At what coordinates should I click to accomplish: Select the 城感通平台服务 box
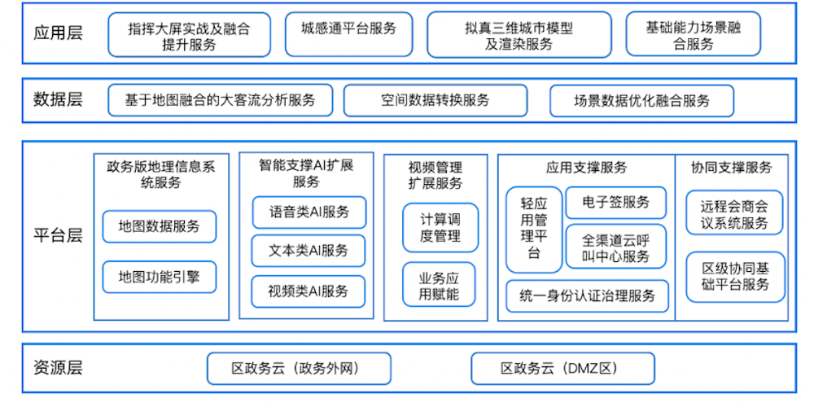348,34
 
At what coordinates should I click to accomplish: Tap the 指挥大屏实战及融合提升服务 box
189,34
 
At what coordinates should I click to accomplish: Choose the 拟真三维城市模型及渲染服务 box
519,34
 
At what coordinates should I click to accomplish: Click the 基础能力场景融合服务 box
693,34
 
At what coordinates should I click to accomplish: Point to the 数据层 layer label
58,99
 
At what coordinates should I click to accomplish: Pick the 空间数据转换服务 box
435,100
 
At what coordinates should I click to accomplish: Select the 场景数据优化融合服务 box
641,100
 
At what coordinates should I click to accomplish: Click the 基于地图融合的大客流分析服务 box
220,100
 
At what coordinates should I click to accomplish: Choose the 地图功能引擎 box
160,277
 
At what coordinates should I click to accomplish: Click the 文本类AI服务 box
309,252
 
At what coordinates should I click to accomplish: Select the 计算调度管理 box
440,228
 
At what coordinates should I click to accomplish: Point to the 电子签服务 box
615,203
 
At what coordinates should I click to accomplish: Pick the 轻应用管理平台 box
534,230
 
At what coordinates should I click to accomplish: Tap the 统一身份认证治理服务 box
587,296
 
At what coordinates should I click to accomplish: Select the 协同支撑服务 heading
731,168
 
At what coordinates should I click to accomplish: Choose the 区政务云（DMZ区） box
562,369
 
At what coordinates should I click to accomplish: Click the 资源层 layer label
58,368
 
